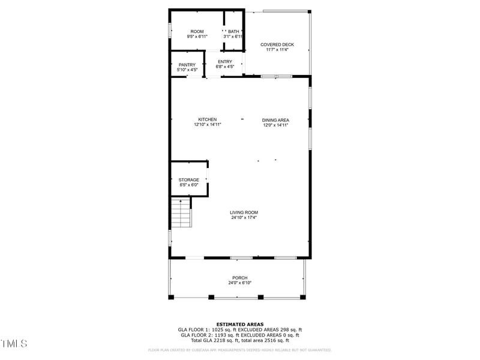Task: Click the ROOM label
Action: click(197, 31)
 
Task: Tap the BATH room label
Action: click(233, 31)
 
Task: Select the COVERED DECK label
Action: click(277, 45)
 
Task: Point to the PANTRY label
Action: click(187, 65)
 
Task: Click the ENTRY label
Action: click(225, 62)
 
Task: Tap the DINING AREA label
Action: click(275, 120)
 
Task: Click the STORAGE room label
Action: click(188, 180)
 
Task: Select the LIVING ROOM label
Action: click(244, 212)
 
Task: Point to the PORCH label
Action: click(240, 278)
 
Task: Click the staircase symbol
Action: click(181, 213)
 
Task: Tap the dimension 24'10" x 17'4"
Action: click(244, 218)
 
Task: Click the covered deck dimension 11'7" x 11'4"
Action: click(277, 50)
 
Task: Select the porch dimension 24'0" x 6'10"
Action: click(240, 283)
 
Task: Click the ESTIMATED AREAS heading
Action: click(240, 324)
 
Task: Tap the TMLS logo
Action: click(14, 344)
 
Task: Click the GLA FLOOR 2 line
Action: click(240, 335)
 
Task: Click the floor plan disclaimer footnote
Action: click(240, 350)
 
